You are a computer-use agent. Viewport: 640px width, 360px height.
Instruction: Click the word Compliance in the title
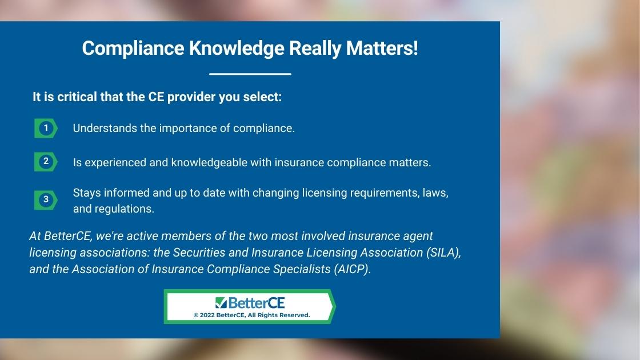click(x=133, y=49)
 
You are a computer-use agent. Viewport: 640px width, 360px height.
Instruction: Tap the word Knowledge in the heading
click(x=237, y=49)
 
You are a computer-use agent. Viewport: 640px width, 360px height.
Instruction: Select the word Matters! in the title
click(x=382, y=48)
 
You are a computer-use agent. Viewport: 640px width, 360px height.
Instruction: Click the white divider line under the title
click(x=250, y=74)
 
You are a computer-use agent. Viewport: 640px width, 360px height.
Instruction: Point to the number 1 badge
click(x=46, y=128)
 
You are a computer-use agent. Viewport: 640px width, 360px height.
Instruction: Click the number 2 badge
click(x=46, y=162)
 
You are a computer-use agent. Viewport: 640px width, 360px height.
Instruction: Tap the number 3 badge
click(x=46, y=200)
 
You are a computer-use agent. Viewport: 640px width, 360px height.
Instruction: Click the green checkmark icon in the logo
click(x=221, y=302)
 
